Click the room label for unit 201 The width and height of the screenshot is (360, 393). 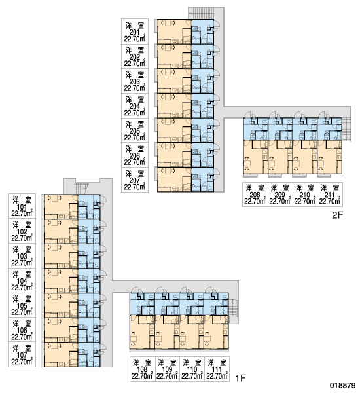[135, 31]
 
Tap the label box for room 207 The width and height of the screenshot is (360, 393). [135, 180]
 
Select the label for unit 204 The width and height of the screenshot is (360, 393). [135, 105]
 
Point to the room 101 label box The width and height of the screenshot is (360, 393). [22, 206]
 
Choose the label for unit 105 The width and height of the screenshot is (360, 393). [22, 305]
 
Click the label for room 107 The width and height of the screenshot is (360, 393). [22, 354]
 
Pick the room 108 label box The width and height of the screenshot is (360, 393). [142, 369]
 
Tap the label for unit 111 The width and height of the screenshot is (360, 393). [217, 369]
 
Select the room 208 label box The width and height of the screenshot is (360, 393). [255, 195]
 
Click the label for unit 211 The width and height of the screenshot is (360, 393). [330, 195]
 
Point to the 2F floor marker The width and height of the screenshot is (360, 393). [337, 215]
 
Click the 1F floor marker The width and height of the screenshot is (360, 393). [240, 378]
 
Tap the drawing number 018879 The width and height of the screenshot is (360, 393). [343, 385]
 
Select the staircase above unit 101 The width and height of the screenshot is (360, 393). [82, 189]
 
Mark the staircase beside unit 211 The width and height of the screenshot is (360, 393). [346, 129]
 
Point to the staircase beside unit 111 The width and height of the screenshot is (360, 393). [233, 311]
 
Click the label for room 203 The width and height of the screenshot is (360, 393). [135, 81]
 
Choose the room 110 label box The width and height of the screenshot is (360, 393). [192, 369]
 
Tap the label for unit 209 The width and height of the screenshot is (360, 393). [280, 195]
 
